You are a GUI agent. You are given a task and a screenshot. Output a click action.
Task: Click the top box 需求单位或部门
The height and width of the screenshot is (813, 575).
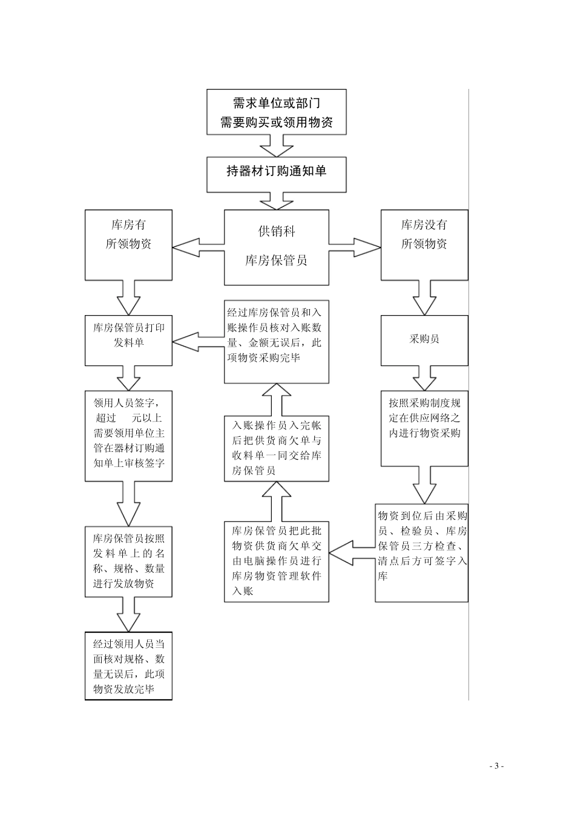276,113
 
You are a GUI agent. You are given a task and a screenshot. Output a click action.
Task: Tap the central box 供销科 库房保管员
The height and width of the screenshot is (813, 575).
276,247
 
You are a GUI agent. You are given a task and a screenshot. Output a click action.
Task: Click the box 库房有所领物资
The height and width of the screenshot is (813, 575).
128,244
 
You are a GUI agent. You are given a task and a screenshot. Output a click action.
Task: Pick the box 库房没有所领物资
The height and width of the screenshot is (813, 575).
424,244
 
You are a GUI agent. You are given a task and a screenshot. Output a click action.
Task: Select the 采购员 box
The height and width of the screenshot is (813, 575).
424,340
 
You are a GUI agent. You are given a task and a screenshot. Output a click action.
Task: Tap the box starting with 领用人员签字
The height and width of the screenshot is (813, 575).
128,436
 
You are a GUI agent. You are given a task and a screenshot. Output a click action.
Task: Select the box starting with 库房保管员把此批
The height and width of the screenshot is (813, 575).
276,561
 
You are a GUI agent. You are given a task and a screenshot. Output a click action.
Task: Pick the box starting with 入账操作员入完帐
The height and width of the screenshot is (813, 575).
276,448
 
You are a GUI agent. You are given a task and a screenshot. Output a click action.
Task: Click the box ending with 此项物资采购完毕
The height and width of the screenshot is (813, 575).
276,342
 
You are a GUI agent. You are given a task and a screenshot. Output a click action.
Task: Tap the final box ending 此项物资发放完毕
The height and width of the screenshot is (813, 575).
128,666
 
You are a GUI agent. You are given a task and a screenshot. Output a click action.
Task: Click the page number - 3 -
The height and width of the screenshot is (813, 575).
496,766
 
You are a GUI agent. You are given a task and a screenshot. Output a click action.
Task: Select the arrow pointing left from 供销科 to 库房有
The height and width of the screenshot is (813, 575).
197,247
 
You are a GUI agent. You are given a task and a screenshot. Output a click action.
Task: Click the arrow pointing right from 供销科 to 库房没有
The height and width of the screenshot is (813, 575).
355,247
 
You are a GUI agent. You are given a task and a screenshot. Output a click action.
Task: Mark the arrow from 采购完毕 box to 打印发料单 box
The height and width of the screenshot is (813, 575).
197,342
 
